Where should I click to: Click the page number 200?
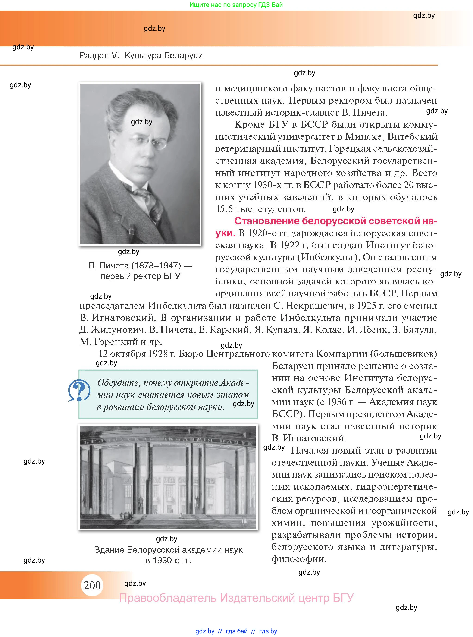pos(92,585)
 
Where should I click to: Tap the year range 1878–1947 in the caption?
pos(156,265)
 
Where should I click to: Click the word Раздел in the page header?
pos(94,55)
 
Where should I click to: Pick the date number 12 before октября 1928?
pos(103,354)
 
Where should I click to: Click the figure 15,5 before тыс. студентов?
pos(224,209)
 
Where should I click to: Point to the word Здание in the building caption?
pos(109,550)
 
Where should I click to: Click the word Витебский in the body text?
pos(412,137)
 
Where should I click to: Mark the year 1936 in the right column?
pos(337,402)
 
